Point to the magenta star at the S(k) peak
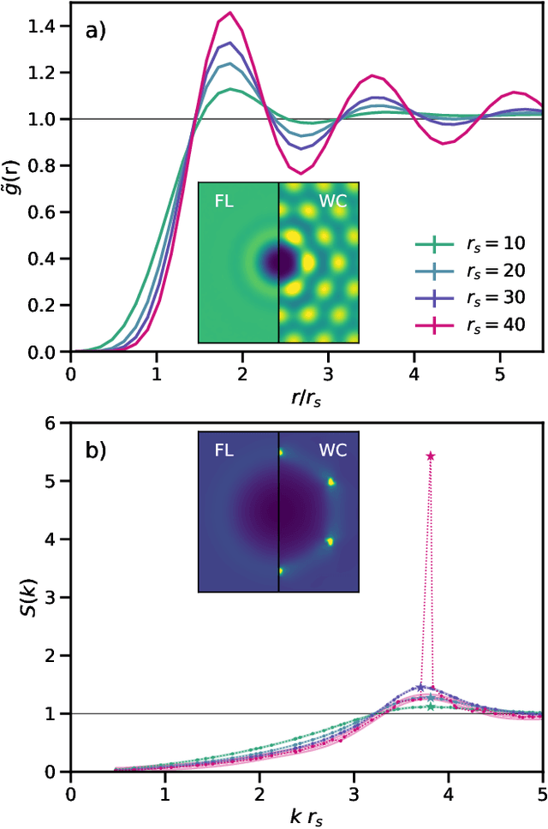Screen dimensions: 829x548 (x=430, y=456)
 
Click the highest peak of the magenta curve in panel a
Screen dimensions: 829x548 (x=229, y=14)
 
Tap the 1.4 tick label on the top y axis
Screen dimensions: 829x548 (x=47, y=27)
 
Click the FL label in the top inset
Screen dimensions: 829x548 (x=223, y=205)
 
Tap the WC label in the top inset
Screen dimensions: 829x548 (x=331, y=205)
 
